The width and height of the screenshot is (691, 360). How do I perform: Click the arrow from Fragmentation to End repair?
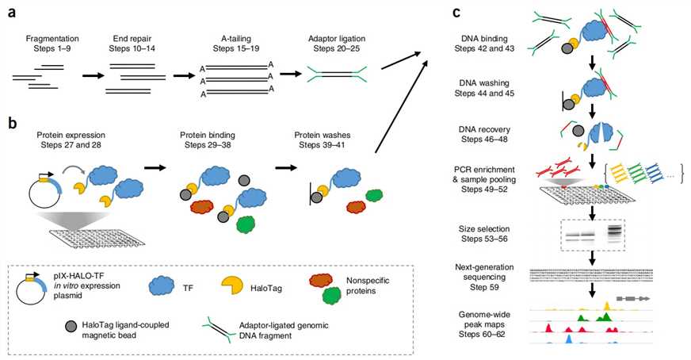[x=83, y=76]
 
